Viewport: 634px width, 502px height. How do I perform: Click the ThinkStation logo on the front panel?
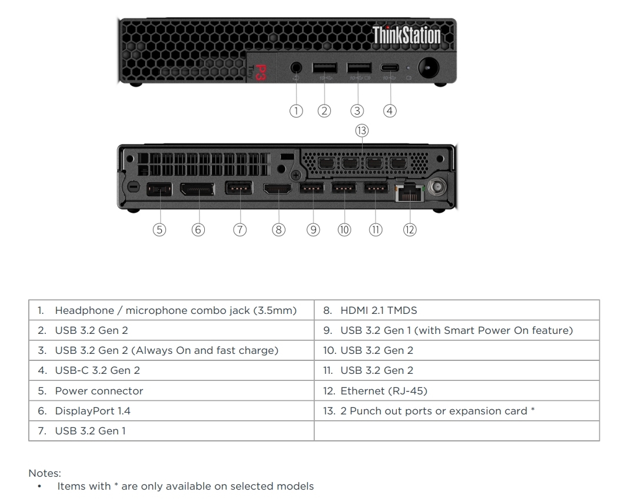406,35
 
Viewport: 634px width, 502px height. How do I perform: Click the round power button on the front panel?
429,68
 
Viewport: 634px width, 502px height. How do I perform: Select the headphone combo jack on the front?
296,68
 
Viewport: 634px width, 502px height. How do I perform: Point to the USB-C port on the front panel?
390,68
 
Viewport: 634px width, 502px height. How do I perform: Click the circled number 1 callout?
296,111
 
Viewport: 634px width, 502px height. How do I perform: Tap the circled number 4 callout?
390,111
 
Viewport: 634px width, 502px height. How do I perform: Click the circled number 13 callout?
361,130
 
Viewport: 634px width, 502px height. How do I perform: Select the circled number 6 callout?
198,230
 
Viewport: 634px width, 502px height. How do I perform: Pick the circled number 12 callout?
410,230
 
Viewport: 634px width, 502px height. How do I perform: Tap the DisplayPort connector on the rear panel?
197,189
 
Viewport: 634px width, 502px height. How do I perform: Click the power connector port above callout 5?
159,189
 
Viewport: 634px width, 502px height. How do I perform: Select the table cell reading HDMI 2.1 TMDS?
457,310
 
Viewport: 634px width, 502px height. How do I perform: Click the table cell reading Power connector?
171,391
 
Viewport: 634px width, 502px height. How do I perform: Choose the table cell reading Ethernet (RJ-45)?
457,391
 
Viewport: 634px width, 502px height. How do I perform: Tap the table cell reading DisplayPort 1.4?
171,411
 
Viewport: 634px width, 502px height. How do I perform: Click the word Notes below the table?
45,473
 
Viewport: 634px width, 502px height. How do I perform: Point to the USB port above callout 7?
239,189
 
